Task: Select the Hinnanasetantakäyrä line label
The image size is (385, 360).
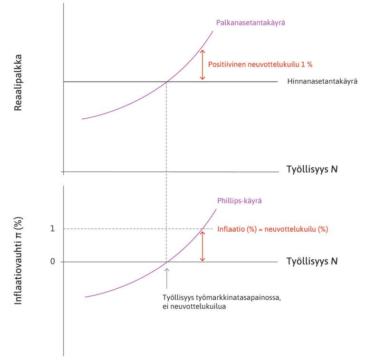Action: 322,82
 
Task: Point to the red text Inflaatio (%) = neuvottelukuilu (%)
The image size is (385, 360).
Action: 272,229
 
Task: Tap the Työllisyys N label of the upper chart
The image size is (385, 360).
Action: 312,169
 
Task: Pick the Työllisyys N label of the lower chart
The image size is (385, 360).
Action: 312,261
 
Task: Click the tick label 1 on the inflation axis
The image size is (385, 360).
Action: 53,228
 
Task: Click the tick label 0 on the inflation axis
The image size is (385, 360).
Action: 53,262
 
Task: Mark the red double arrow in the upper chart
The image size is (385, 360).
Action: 202,65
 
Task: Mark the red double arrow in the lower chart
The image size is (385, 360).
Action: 202,246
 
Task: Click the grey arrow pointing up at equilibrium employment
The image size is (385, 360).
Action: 166,278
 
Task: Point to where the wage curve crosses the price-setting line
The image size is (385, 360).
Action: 166,82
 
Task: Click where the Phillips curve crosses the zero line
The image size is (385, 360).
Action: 166,262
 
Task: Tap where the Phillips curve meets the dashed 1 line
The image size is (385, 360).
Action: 202,229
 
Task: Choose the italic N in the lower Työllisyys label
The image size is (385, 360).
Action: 334,261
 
